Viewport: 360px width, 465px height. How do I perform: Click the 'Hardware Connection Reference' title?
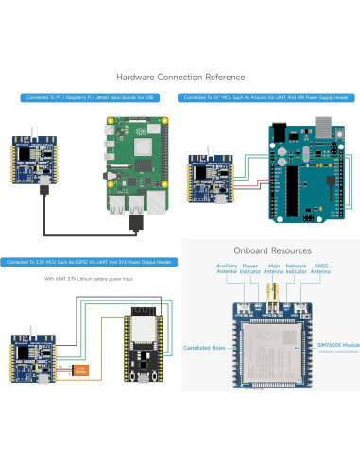click(x=180, y=77)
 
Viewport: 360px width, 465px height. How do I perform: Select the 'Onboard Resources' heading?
click(x=272, y=250)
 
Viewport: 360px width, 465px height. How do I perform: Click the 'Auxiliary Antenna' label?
click(x=228, y=269)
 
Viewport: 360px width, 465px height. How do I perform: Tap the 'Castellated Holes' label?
click(x=204, y=347)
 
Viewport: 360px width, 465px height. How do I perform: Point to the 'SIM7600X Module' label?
click(x=331, y=348)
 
